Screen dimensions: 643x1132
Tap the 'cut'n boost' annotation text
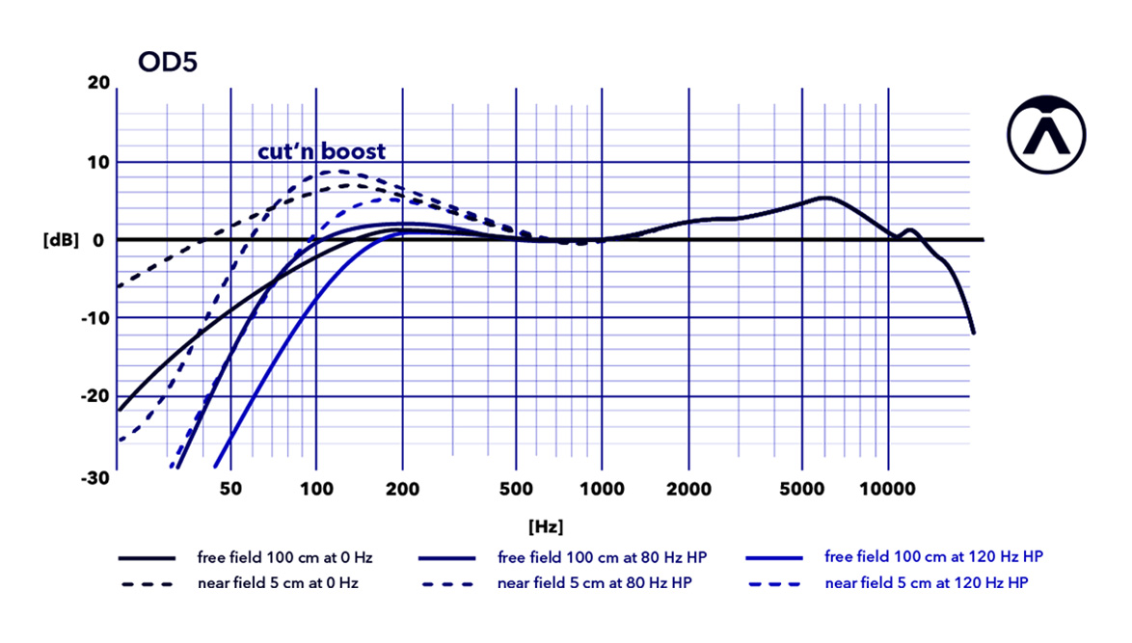click(321, 151)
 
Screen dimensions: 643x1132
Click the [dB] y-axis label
click(61, 240)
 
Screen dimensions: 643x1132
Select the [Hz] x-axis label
click(546, 526)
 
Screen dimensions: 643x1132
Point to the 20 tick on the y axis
click(98, 83)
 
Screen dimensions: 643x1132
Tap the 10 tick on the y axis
click(98, 162)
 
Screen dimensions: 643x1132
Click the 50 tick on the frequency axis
click(230, 489)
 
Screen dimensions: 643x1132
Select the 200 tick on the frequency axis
click(402, 489)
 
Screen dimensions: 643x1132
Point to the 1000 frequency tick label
click(603, 489)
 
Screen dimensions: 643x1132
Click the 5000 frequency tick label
click(801, 489)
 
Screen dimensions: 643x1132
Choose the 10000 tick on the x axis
click(888, 489)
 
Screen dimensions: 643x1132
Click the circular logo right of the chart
click(1046, 135)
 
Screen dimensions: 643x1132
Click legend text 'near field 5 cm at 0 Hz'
click(278, 583)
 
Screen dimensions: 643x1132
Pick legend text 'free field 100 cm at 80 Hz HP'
click(595, 558)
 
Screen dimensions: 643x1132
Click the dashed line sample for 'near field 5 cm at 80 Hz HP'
click(448, 584)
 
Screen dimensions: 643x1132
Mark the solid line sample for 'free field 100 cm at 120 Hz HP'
click(774, 558)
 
